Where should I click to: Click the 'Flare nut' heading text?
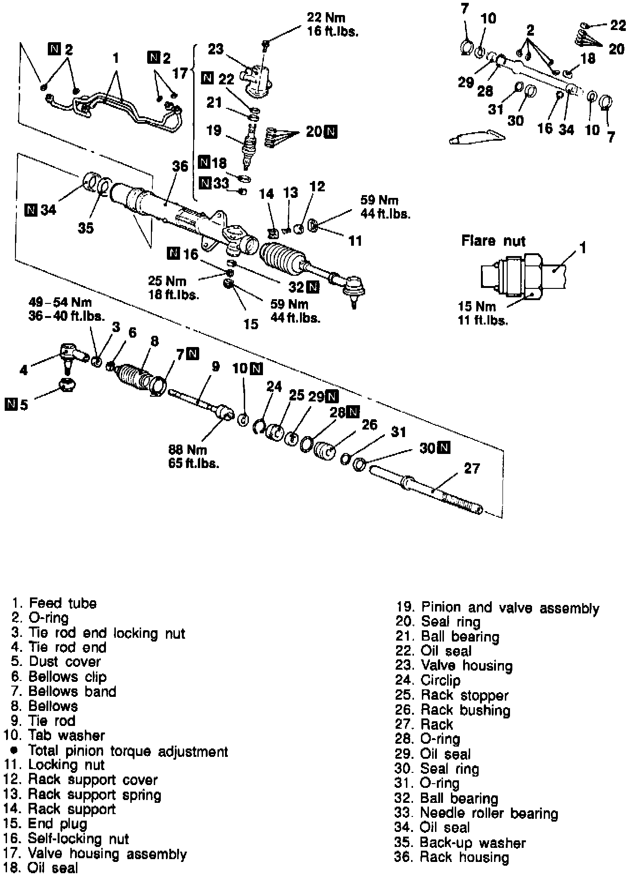(x=493, y=241)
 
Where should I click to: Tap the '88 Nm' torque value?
(x=187, y=450)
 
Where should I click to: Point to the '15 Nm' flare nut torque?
(x=477, y=307)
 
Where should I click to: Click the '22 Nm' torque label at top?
(x=326, y=18)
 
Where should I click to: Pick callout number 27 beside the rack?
(x=472, y=468)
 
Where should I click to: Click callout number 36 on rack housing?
(x=180, y=166)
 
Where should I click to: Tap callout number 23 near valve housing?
(x=216, y=49)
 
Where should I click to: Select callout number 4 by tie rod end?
(x=23, y=370)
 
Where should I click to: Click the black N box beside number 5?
(x=11, y=404)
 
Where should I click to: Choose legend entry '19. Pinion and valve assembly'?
(x=497, y=608)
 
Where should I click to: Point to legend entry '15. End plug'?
(x=45, y=823)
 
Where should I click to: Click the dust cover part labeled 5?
(x=68, y=386)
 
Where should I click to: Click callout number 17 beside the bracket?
(x=180, y=73)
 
